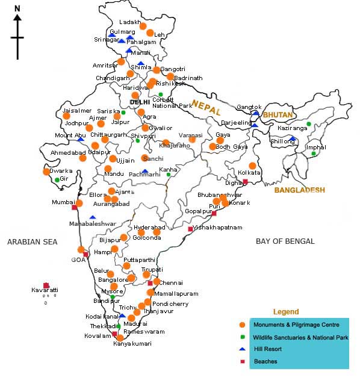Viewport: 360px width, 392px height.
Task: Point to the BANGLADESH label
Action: (299, 190)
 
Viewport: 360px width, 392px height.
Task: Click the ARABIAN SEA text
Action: (32, 242)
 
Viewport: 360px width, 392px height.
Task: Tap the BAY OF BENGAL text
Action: (285, 241)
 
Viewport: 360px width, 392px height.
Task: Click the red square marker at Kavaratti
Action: (46, 285)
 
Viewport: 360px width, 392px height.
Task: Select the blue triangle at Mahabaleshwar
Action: (93, 217)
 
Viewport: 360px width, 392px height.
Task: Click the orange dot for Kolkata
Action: (252, 166)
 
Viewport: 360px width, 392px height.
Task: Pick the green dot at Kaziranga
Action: (308, 125)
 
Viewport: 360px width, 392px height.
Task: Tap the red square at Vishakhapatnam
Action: (190, 229)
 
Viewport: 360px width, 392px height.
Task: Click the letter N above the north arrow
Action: (17, 8)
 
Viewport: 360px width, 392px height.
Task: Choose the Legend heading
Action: (286, 312)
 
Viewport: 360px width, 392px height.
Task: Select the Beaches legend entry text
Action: (265, 361)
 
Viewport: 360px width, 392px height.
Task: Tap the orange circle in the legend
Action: (241, 325)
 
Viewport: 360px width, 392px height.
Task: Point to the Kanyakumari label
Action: (132, 344)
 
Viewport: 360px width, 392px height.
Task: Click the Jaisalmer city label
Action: (77, 111)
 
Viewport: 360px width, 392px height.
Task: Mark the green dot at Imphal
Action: (313, 154)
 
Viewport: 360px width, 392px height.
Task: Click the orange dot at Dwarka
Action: (46, 172)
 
